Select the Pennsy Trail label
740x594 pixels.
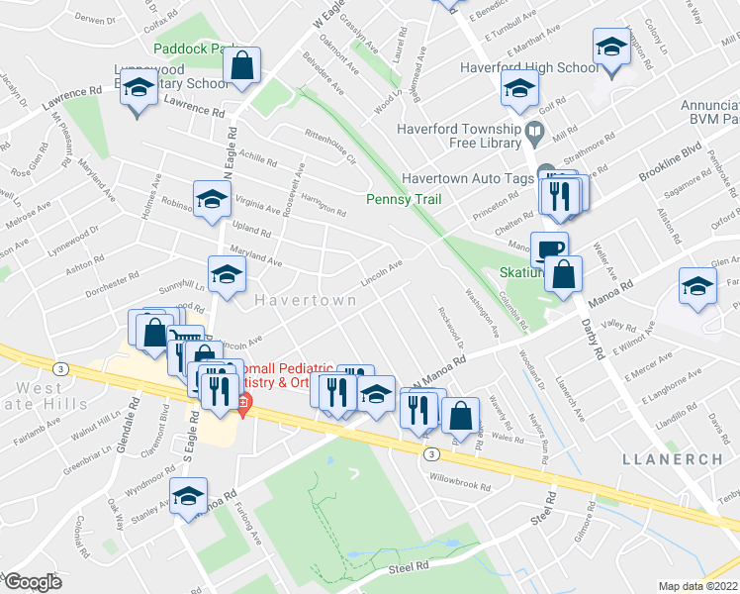402,199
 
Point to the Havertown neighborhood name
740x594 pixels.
296,298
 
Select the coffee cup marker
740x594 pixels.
549,248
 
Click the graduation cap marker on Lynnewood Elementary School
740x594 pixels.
139,88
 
